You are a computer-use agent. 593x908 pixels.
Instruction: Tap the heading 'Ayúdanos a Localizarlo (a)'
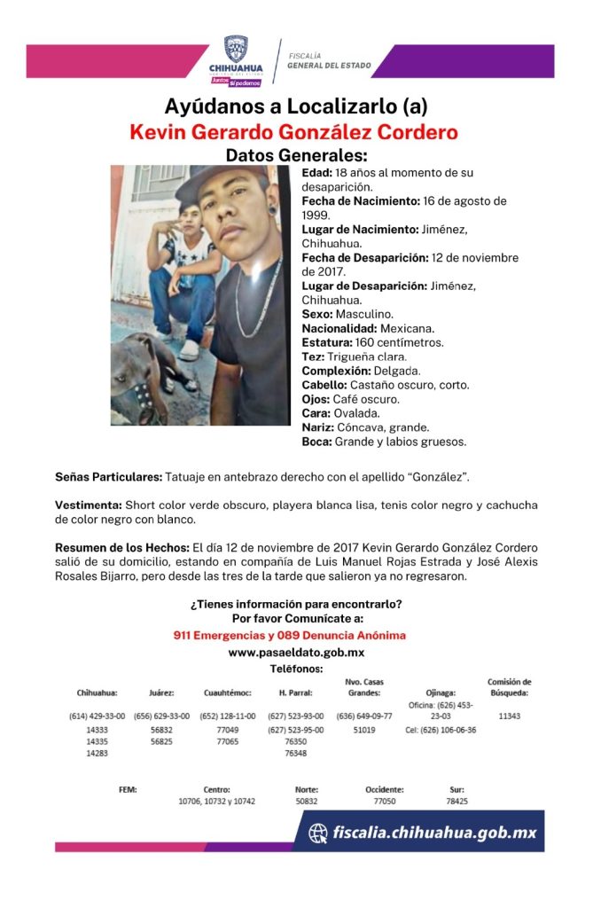[x=296, y=106]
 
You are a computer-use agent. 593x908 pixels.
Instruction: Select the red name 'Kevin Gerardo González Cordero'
[x=293, y=132]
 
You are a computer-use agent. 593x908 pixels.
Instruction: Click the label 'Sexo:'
[x=317, y=314]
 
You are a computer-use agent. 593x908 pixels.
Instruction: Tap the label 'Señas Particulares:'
[x=108, y=477]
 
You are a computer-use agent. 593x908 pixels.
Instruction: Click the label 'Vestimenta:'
[x=86, y=505]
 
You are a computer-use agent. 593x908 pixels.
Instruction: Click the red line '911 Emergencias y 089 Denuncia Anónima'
[x=290, y=635]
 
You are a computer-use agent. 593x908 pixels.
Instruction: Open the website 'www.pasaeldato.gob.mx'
[x=296, y=653]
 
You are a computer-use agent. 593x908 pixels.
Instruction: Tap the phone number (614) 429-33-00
[x=97, y=716]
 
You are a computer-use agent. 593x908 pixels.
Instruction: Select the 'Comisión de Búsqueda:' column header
[x=510, y=687]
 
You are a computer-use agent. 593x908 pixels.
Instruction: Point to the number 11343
[x=510, y=716]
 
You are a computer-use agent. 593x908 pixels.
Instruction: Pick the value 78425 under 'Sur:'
[x=456, y=801]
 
